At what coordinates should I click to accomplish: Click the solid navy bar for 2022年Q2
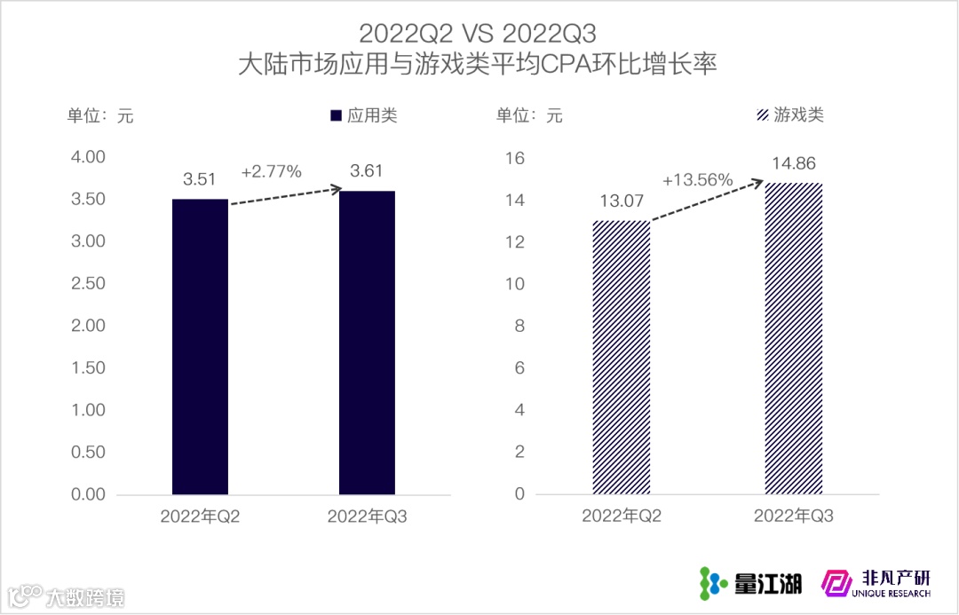click(200, 346)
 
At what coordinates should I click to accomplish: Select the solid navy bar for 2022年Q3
click(367, 343)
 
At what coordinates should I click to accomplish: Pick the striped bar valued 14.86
click(794, 338)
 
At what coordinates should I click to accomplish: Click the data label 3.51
click(200, 179)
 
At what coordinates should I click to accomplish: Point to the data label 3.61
click(367, 170)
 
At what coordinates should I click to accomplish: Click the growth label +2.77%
click(272, 171)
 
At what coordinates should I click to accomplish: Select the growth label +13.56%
click(697, 180)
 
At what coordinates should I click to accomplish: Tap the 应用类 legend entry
click(363, 115)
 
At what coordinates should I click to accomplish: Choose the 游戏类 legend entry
click(789, 115)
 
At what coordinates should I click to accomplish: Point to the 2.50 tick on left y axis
click(88, 284)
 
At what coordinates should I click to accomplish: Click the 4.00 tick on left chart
click(88, 157)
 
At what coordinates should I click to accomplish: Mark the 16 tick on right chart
click(515, 158)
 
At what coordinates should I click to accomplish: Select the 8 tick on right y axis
click(519, 326)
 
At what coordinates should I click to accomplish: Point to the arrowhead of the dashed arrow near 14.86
click(758, 183)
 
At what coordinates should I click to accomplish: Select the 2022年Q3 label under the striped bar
click(794, 516)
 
